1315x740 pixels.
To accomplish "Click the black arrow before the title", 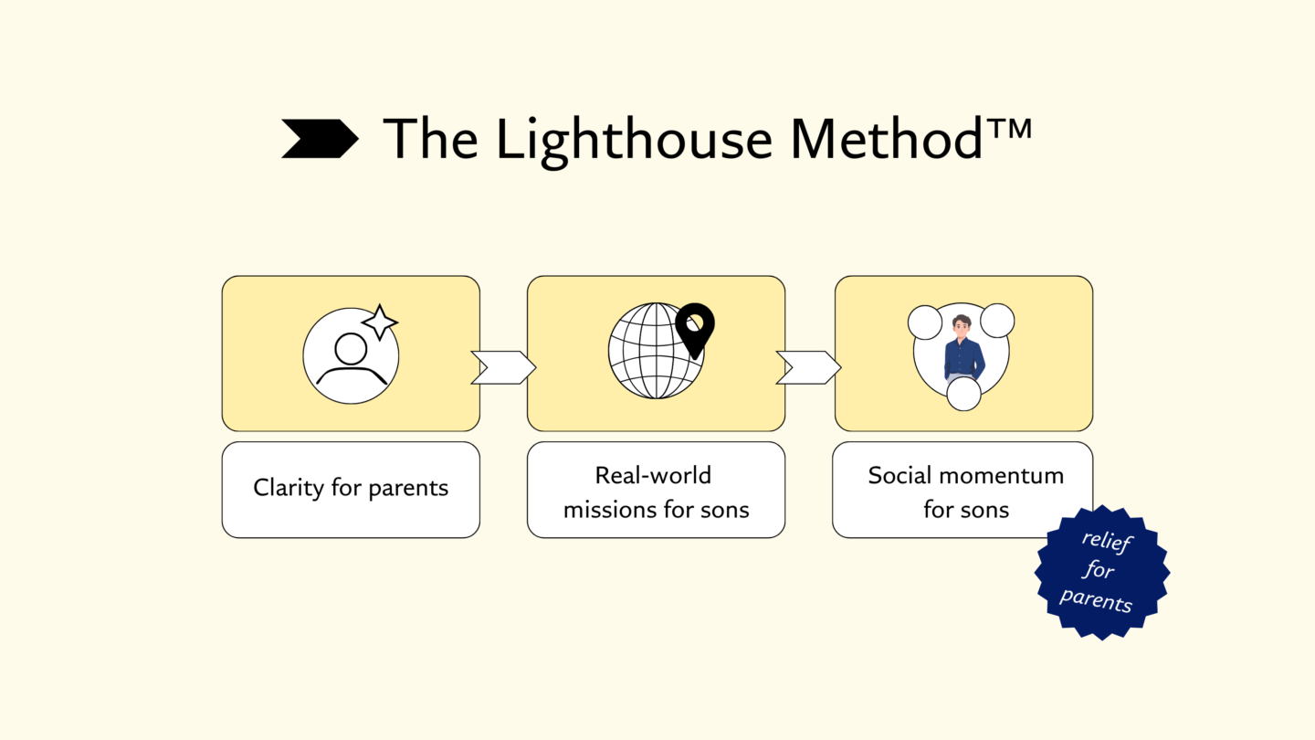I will pyautogui.click(x=319, y=138).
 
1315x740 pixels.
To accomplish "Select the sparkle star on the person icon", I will pyautogui.click(x=380, y=322).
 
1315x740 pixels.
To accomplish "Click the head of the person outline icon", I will pyautogui.click(x=351, y=348).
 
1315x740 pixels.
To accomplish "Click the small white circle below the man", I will pyautogui.click(x=963, y=394).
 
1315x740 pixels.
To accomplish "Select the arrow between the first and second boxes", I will pyautogui.click(x=503, y=367).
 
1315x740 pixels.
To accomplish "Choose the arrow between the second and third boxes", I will pyautogui.click(x=808, y=367).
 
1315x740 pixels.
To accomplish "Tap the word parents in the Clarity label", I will pyautogui.click(x=407, y=489).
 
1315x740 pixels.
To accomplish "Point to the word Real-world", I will pyautogui.click(x=653, y=475).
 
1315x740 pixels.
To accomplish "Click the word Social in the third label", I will pyautogui.click(x=900, y=475).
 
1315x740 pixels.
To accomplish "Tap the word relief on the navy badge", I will pyautogui.click(x=1107, y=541).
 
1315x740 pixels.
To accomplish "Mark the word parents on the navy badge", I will pyautogui.click(x=1096, y=601).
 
